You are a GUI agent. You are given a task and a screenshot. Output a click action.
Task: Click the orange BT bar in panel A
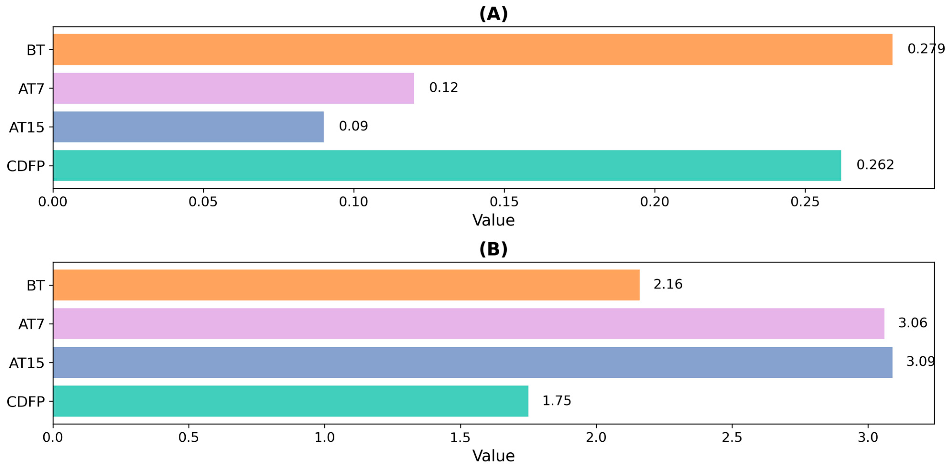coord(472,49)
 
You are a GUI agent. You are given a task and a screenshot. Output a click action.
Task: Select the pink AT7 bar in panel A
coord(233,88)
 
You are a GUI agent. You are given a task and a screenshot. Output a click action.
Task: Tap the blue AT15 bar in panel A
coord(188,127)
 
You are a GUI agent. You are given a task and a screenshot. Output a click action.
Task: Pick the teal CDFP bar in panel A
coord(447,165)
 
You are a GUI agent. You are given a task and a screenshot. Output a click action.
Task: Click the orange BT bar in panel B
coord(346,285)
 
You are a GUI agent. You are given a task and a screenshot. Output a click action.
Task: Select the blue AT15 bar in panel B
coord(472,362)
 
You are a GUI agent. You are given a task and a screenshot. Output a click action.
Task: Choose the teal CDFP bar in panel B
coord(290,401)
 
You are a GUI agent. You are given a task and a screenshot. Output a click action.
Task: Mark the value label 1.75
coord(556,401)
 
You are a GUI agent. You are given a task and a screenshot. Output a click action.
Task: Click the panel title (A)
coord(493,14)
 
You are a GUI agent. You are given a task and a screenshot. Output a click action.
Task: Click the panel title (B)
coord(493,249)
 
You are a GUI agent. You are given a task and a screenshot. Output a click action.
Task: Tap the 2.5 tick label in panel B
coord(732,438)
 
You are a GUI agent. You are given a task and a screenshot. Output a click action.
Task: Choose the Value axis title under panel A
coord(493,220)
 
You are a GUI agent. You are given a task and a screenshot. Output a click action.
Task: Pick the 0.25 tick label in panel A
coord(805,201)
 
